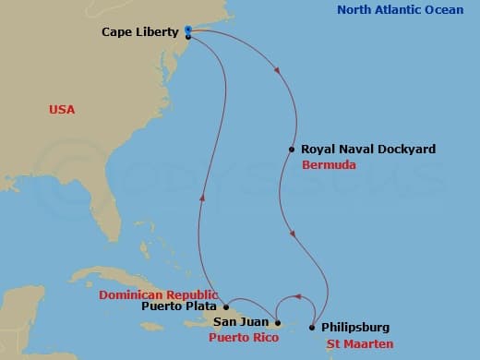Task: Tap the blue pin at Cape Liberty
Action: point(188,30)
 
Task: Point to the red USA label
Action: point(62,110)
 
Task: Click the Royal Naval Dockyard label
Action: point(355,149)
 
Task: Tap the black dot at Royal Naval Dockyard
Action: point(292,149)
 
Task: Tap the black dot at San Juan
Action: point(278,323)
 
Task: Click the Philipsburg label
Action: point(355,327)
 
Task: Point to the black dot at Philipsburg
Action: point(314,327)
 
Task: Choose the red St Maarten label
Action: point(361,343)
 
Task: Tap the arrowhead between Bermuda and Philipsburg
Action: point(293,234)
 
